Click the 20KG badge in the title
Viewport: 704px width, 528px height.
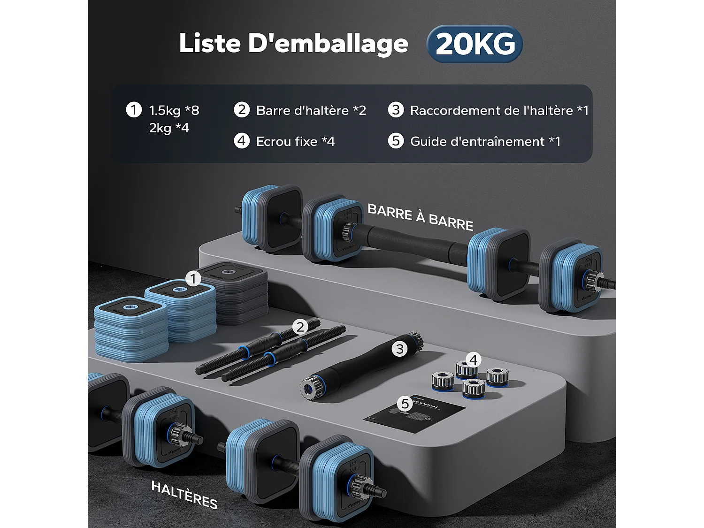[474, 44]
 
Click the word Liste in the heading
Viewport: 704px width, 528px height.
[210, 44]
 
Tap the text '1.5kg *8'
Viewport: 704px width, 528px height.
[174, 110]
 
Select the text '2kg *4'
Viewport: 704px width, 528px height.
[169, 128]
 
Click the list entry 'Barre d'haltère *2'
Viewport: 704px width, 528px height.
[311, 110]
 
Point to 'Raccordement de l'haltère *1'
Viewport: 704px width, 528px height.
[499, 110]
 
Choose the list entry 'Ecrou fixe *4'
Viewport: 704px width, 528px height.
[295, 141]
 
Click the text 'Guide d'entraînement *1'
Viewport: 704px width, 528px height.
[485, 141]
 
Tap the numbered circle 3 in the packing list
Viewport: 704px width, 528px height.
[396, 110]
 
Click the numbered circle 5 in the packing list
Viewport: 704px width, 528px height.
[396, 141]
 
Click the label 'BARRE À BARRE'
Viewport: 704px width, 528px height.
[420, 217]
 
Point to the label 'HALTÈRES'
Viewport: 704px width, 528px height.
[184, 495]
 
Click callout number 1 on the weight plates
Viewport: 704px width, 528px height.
[193, 279]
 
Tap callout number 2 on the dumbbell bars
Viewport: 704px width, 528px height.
[300, 327]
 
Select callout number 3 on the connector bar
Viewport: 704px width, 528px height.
[399, 349]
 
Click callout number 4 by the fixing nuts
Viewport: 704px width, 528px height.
[473, 360]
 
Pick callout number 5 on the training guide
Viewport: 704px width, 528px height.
[405, 403]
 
